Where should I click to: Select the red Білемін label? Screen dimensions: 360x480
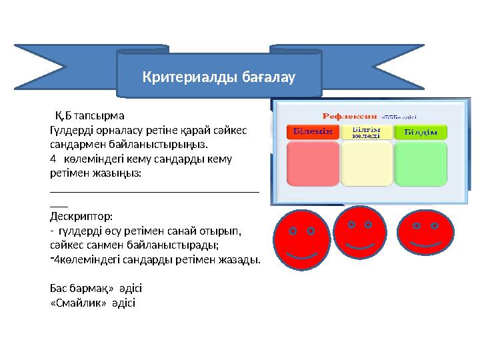313,131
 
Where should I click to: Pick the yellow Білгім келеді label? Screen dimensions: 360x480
366,131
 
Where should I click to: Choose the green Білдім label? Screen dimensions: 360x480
420,131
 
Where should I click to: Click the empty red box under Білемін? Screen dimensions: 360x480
313,171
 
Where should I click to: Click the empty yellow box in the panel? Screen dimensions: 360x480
366,171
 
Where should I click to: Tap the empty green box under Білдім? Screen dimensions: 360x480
420,171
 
